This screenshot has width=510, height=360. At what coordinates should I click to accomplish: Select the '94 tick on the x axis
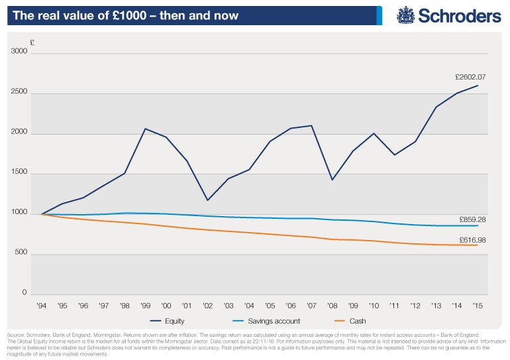[42, 306]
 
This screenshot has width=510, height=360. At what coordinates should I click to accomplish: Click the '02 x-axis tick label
[207, 306]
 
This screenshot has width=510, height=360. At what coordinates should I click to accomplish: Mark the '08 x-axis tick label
[332, 306]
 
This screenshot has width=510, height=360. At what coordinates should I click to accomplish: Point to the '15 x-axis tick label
[477, 306]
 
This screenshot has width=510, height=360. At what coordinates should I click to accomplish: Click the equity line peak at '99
[145, 129]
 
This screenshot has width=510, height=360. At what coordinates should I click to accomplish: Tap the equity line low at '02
[207, 200]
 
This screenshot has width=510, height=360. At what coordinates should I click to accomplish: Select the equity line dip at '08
[332, 180]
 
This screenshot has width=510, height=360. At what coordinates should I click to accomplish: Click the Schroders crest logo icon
[407, 15]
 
